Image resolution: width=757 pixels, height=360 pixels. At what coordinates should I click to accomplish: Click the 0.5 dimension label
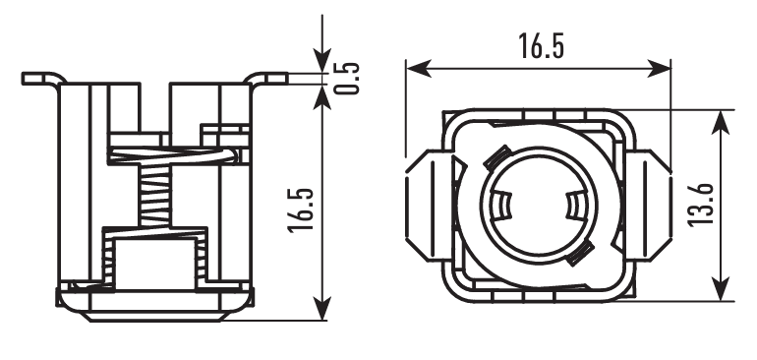[x=347, y=79]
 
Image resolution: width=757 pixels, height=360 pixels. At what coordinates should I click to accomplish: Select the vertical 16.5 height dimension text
[x=301, y=210]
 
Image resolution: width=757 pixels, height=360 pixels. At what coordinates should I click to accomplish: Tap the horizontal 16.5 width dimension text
[x=541, y=46]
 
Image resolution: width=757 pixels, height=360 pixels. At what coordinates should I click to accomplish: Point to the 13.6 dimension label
[x=701, y=205]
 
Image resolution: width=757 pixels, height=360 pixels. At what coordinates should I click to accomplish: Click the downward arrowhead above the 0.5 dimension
[x=322, y=60]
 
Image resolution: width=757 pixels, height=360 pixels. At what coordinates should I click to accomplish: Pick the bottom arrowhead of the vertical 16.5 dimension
[x=322, y=308]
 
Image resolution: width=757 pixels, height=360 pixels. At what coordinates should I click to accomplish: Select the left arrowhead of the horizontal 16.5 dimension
[x=419, y=68]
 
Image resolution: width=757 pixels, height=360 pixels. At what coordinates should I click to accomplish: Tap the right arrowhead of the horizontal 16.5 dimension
[x=659, y=68]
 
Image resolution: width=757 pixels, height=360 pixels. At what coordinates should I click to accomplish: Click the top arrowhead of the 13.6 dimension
[x=721, y=123]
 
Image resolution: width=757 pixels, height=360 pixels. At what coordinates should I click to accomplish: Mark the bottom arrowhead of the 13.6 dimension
[x=721, y=288]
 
